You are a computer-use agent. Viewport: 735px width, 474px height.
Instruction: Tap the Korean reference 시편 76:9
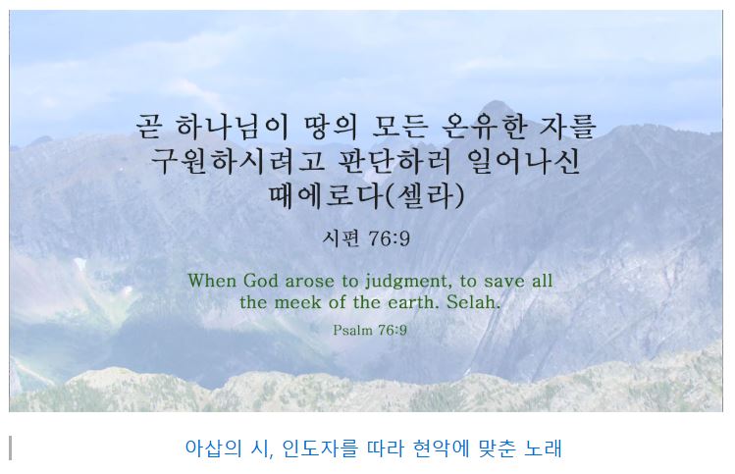[x=366, y=237]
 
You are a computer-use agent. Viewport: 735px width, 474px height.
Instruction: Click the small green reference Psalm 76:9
[x=370, y=330]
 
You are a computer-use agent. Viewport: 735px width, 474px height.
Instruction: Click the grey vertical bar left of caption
[x=10, y=448]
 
